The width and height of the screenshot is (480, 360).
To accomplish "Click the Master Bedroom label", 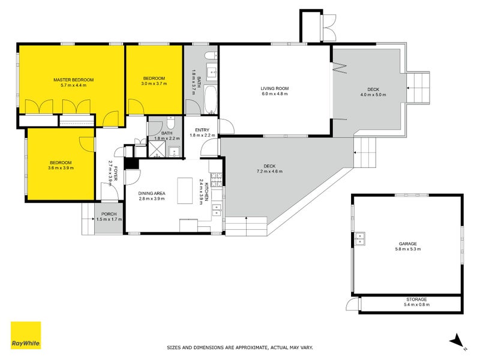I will click(x=74, y=79).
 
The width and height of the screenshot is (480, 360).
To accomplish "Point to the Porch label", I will click(x=109, y=214).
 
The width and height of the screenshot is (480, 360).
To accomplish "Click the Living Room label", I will click(x=274, y=89).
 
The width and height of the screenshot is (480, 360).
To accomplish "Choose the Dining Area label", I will click(x=156, y=193).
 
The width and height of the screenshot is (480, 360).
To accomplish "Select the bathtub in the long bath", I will click(x=211, y=100).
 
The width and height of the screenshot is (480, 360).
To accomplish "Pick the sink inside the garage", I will click(x=361, y=238).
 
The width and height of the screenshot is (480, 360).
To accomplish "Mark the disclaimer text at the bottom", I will click(x=239, y=347).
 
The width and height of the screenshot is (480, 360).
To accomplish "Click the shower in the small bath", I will click(x=174, y=151).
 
